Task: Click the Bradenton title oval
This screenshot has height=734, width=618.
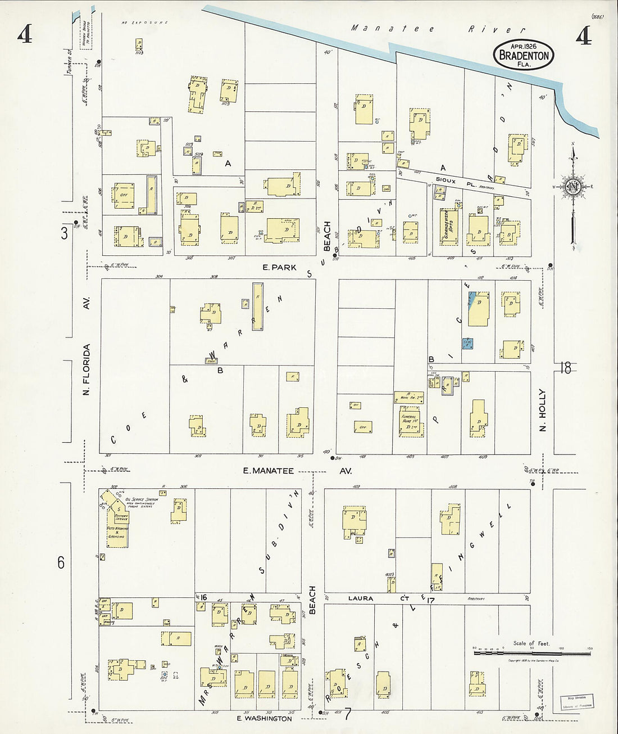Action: click(x=524, y=55)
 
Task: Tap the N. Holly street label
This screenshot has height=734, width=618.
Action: click(x=543, y=411)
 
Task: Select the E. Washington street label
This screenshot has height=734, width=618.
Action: click(x=263, y=718)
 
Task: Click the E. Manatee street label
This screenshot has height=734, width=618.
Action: click(x=269, y=471)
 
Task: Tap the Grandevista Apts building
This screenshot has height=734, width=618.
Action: click(x=448, y=227)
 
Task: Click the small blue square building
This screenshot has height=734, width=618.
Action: click(x=467, y=343)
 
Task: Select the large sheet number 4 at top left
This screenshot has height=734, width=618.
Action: click(x=24, y=35)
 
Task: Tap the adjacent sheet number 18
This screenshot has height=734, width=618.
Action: click(x=565, y=368)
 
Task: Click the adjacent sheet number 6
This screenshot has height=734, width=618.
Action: click(x=61, y=562)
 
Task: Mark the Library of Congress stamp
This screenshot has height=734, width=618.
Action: click(x=576, y=702)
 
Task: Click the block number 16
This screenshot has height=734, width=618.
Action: click(x=203, y=597)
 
